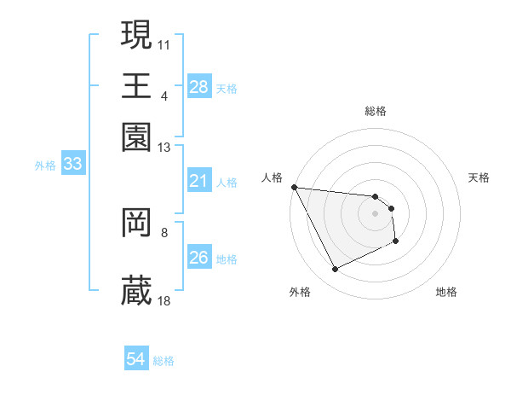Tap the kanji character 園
pyautogui.click(x=136, y=137)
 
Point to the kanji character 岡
pyautogui.click(x=136, y=223)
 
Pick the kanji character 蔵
pyautogui.click(x=136, y=291)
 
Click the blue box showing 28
pyautogui.click(x=198, y=87)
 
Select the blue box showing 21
pyautogui.click(x=198, y=181)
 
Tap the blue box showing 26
pyautogui.click(x=198, y=258)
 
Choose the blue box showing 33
pyautogui.click(x=72, y=165)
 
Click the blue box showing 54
pyautogui.click(x=135, y=360)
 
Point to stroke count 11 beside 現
pyautogui.click(x=165, y=43)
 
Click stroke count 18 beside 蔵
pyautogui.click(x=165, y=299)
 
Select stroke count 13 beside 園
pyautogui.click(x=165, y=147)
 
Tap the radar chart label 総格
pyautogui.click(x=376, y=111)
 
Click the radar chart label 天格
pyautogui.click(x=479, y=177)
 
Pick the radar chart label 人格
pyautogui.click(x=272, y=177)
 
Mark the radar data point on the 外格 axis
pyautogui.click(x=335, y=270)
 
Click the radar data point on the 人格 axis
pyautogui.click(x=294, y=187)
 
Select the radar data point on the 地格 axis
pyautogui.click(x=396, y=241)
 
